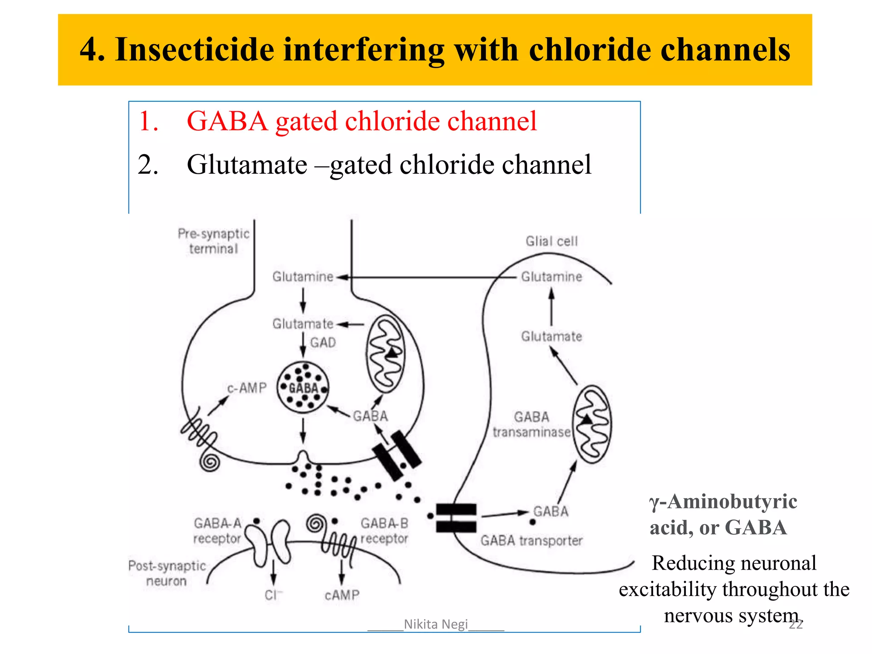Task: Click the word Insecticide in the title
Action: click(195, 50)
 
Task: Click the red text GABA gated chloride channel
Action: click(361, 121)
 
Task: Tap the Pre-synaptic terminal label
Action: click(213, 241)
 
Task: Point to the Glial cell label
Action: click(551, 241)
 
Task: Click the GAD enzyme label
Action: click(323, 342)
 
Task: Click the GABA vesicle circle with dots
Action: click(303, 387)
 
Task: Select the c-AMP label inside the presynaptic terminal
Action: click(247, 388)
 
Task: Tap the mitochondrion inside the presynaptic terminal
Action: click(386, 353)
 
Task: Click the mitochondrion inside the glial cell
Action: click(592, 424)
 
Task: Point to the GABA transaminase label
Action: click(531, 425)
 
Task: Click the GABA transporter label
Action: click(531, 541)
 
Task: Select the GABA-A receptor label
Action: click(218, 531)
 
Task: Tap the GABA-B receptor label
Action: click(384, 531)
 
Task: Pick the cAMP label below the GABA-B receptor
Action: click(342, 595)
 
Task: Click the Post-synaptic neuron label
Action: click(167, 573)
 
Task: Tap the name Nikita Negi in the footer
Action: click(436, 624)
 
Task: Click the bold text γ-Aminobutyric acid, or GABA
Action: click(723, 514)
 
